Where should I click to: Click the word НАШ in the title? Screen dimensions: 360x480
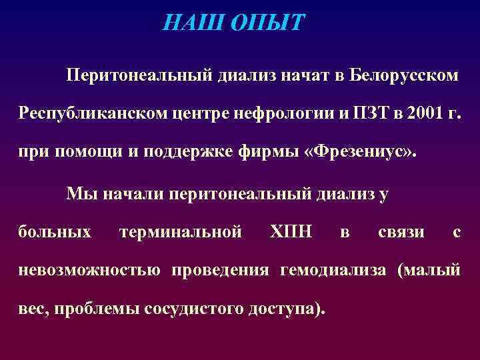[194, 23]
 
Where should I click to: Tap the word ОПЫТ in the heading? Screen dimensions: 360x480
[267, 23]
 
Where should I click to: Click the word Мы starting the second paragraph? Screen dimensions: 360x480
[77, 194]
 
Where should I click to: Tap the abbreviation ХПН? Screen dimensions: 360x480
[291, 232]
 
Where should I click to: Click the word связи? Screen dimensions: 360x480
[401, 232]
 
